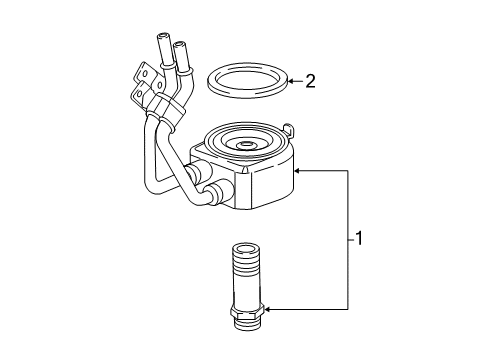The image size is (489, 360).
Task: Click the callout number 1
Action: [358, 240]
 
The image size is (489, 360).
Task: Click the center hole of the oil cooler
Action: [245, 146]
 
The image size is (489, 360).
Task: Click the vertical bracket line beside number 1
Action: [347, 240]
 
